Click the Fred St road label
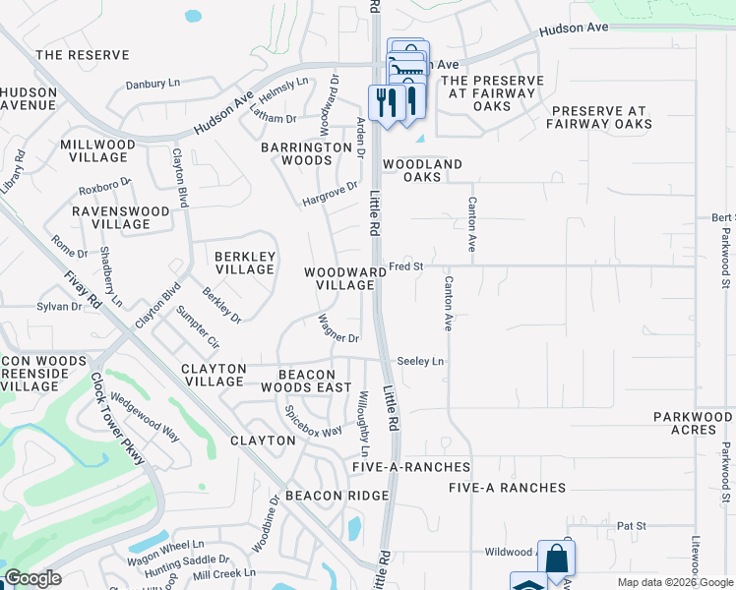click(405, 266)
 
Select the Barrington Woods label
click(306, 153)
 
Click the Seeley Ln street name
click(421, 362)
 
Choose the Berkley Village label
click(244, 263)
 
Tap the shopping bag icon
click(556, 560)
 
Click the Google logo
click(32, 578)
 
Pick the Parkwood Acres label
click(693, 424)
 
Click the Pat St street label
click(630, 526)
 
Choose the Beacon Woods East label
click(315, 382)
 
